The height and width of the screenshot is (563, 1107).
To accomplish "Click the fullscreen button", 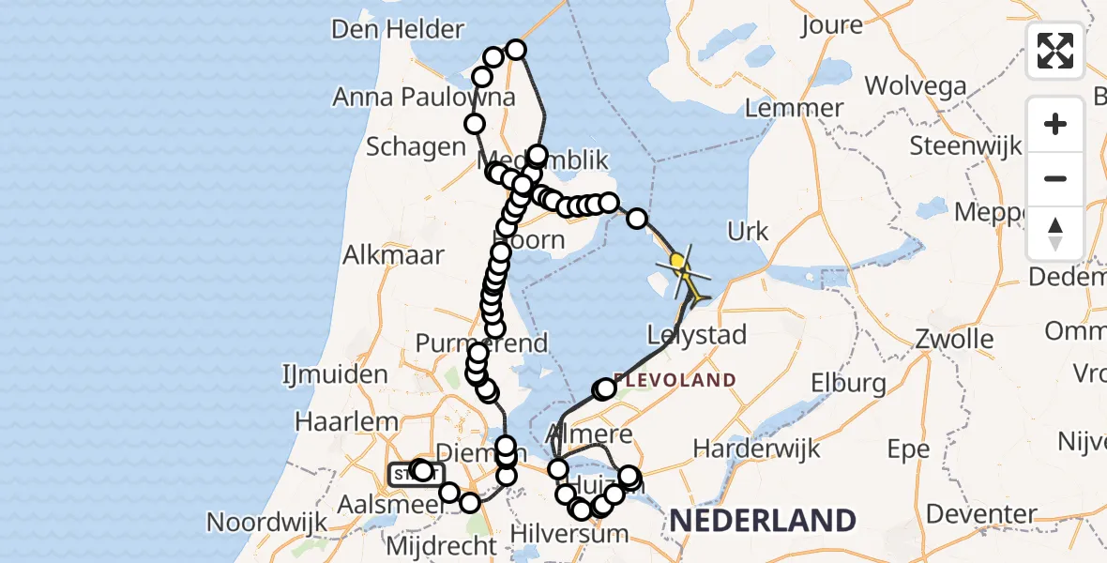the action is click(x=1055, y=50).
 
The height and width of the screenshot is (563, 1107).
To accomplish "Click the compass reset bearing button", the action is click(x=1055, y=234).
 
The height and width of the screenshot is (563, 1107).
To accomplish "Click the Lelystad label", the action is click(x=697, y=335).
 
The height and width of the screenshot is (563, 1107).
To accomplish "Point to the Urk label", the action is click(x=748, y=232).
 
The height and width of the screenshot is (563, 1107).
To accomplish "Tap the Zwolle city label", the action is click(x=955, y=339).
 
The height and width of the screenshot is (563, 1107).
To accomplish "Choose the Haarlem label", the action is click(x=346, y=421).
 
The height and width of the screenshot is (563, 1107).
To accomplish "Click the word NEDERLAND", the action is click(x=761, y=521).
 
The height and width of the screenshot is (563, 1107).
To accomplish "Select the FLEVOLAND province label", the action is click(x=675, y=381).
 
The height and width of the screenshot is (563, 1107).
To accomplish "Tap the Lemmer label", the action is click(x=795, y=108).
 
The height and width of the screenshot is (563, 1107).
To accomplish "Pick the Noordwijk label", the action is click(x=265, y=522).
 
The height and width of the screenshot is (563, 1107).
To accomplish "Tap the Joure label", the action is click(x=832, y=25).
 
